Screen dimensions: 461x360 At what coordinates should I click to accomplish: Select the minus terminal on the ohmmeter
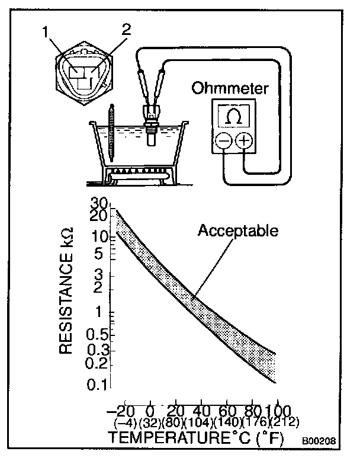tap(223, 141)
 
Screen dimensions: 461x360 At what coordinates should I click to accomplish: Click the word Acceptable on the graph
tap(237, 230)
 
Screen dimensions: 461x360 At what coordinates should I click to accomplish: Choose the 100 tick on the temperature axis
tap(276, 411)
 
